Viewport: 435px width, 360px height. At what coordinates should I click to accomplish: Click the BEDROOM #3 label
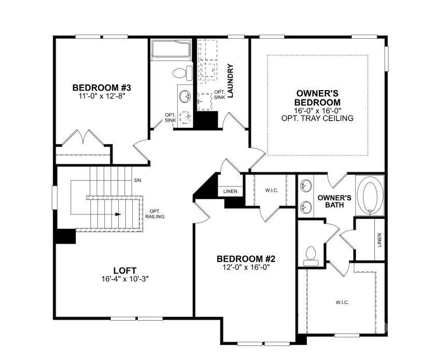(x=99, y=88)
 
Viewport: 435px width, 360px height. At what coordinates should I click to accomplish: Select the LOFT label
(x=125, y=270)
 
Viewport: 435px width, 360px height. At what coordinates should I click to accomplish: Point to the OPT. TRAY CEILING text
(x=318, y=118)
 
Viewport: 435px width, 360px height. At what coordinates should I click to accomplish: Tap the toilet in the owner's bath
(x=311, y=254)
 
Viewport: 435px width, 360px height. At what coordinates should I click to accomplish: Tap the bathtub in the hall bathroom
(x=171, y=50)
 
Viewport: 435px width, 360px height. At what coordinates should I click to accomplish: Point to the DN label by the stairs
(x=138, y=180)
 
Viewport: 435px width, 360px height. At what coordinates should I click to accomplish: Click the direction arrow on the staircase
(x=119, y=213)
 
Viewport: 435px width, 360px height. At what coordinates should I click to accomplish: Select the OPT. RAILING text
(x=156, y=214)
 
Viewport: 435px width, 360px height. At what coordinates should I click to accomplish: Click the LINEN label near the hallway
(x=230, y=192)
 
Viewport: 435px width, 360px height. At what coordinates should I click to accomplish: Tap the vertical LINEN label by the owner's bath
(x=379, y=239)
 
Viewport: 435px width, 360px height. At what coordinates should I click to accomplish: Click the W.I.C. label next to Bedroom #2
(x=272, y=191)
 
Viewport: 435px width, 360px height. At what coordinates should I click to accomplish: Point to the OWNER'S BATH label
(x=334, y=201)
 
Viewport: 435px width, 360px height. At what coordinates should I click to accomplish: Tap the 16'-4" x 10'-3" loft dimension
(x=125, y=279)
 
